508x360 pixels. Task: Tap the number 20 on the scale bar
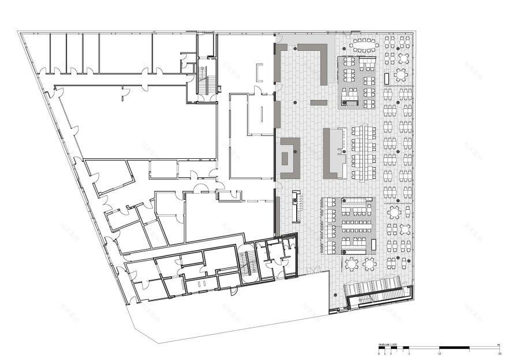[x=499, y=352]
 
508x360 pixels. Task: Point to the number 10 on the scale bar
[x=440, y=352]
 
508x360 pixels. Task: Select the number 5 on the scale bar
[x=409, y=352]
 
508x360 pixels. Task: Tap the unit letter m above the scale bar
[x=498, y=344]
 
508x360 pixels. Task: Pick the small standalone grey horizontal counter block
[x=319, y=103]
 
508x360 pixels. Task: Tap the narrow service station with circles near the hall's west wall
[x=296, y=206]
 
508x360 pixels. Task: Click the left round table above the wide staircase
[x=352, y=264]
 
